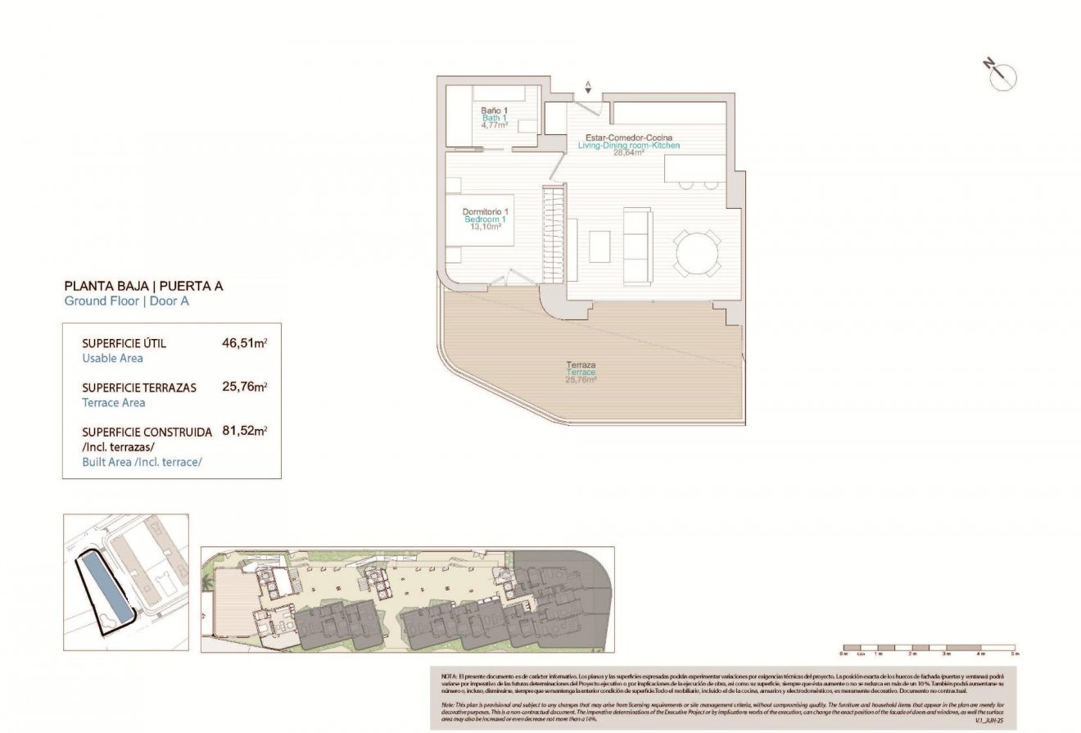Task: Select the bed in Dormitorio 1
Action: tap(479, 219)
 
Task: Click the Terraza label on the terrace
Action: tap(580, 364)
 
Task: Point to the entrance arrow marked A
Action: tap(587, 86)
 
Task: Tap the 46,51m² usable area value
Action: tap(245, 343)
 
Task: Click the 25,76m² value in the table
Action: tap(245, 387)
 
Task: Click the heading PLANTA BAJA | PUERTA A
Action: tap(143, 287)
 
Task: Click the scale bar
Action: tap(928, 647)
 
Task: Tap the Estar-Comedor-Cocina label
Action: tap(629, 138)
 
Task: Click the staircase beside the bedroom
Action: tap(554, 233)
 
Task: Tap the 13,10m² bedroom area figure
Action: tap(485, 227)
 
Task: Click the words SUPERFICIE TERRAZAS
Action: tap(139, 387)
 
